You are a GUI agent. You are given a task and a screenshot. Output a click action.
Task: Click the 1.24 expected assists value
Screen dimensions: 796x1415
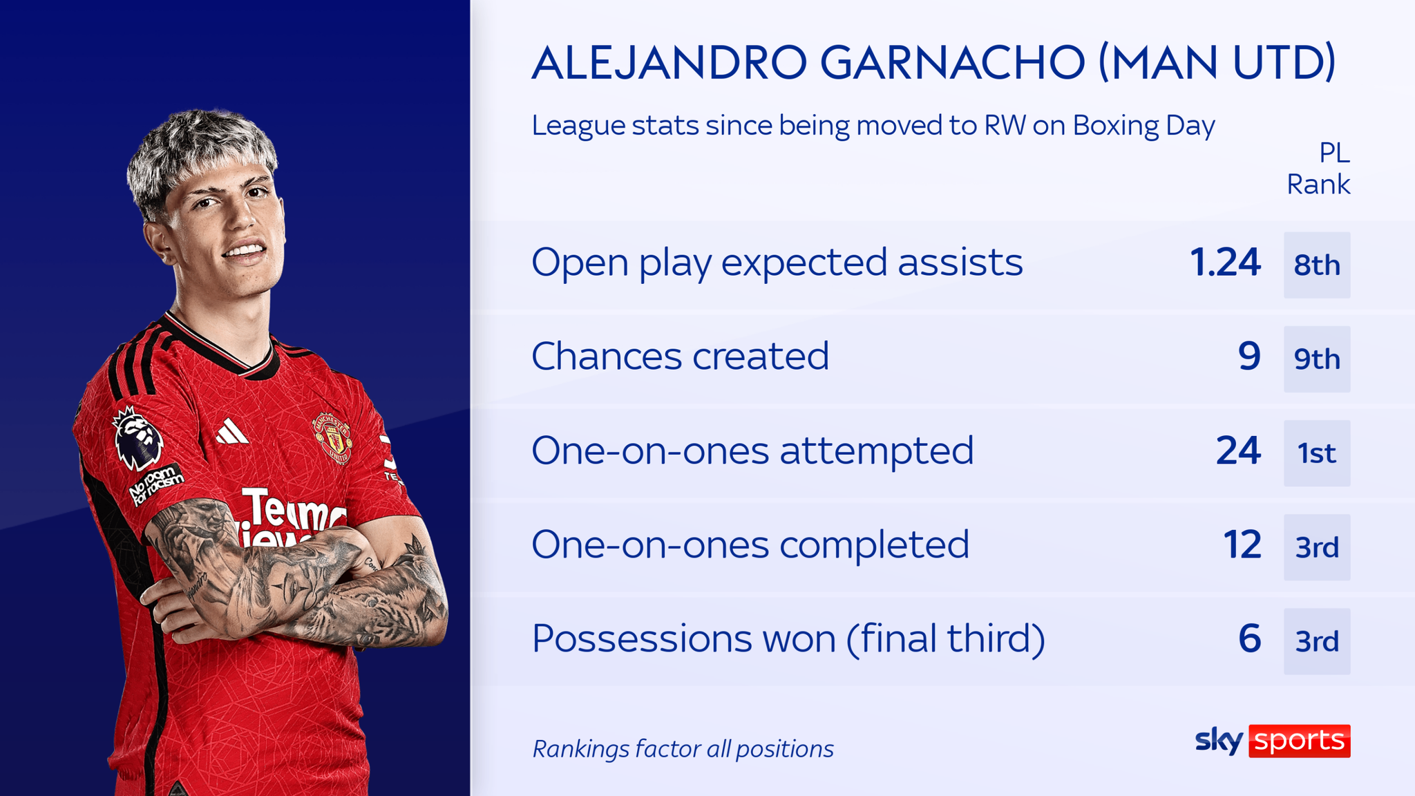point(1224,263)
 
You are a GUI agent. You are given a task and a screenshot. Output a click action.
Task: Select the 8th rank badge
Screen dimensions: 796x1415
point(1316,265)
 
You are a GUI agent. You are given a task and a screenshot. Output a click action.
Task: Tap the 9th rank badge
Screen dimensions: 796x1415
point(1316,359)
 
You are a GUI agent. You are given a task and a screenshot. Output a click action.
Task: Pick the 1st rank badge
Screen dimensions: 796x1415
point(1316,453)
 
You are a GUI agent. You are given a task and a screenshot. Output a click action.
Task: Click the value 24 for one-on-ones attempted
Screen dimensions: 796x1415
point(1237,451)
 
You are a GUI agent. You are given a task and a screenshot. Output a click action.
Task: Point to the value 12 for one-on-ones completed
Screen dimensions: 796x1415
point(1242,544)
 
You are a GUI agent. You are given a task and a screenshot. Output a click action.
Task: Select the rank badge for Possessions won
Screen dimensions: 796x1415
point(1316,641)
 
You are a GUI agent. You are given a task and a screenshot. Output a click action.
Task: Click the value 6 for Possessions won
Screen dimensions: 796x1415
point(1249,638)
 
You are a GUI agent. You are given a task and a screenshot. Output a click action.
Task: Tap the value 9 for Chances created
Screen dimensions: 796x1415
point(1249,357)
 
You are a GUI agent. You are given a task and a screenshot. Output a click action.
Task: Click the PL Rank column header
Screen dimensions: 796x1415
point(1318,169)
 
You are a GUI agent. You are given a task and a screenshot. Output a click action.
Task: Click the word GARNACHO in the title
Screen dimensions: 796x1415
point(952,63)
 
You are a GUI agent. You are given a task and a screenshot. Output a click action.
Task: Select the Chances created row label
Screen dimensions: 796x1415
point(680,357)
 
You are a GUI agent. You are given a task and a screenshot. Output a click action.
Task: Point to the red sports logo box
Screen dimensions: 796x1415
point(1299,741)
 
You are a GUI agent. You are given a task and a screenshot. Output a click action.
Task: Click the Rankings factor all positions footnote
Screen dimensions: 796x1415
point(683,749)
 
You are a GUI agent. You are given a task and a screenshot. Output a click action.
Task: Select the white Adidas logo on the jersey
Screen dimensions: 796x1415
point(231,433)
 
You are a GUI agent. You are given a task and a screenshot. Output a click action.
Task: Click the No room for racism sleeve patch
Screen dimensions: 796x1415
point(157,483)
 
